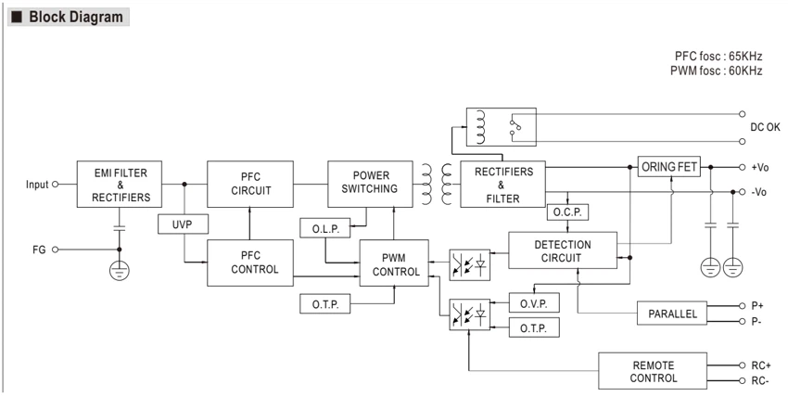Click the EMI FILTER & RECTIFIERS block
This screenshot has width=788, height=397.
click(120, 184)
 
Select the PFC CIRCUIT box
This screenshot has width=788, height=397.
click(250, 184)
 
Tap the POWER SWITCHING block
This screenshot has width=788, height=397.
click(371, 184)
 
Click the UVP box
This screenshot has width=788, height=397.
click(183, 224)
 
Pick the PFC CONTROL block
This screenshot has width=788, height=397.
click(250, 263)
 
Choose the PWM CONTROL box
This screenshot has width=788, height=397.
click(394, 263)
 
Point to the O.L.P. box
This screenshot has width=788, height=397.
click(325, 228)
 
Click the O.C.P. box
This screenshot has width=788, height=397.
click(567, 212)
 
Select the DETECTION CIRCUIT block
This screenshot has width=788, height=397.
click(563, 250)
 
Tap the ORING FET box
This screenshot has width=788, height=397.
click(669, 166)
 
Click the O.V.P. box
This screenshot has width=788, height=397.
click(534, 302)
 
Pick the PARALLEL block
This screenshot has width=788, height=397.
click(672, 314)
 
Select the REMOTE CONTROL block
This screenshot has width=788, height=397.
click(653, 371)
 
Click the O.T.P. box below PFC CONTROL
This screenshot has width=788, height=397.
click(325, 304)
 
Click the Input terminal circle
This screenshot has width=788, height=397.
click(56, 185)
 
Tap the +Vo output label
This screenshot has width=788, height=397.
click(759, 167)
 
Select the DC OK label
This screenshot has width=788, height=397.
click(765, 128)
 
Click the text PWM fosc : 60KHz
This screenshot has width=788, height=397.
click(716, 70)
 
